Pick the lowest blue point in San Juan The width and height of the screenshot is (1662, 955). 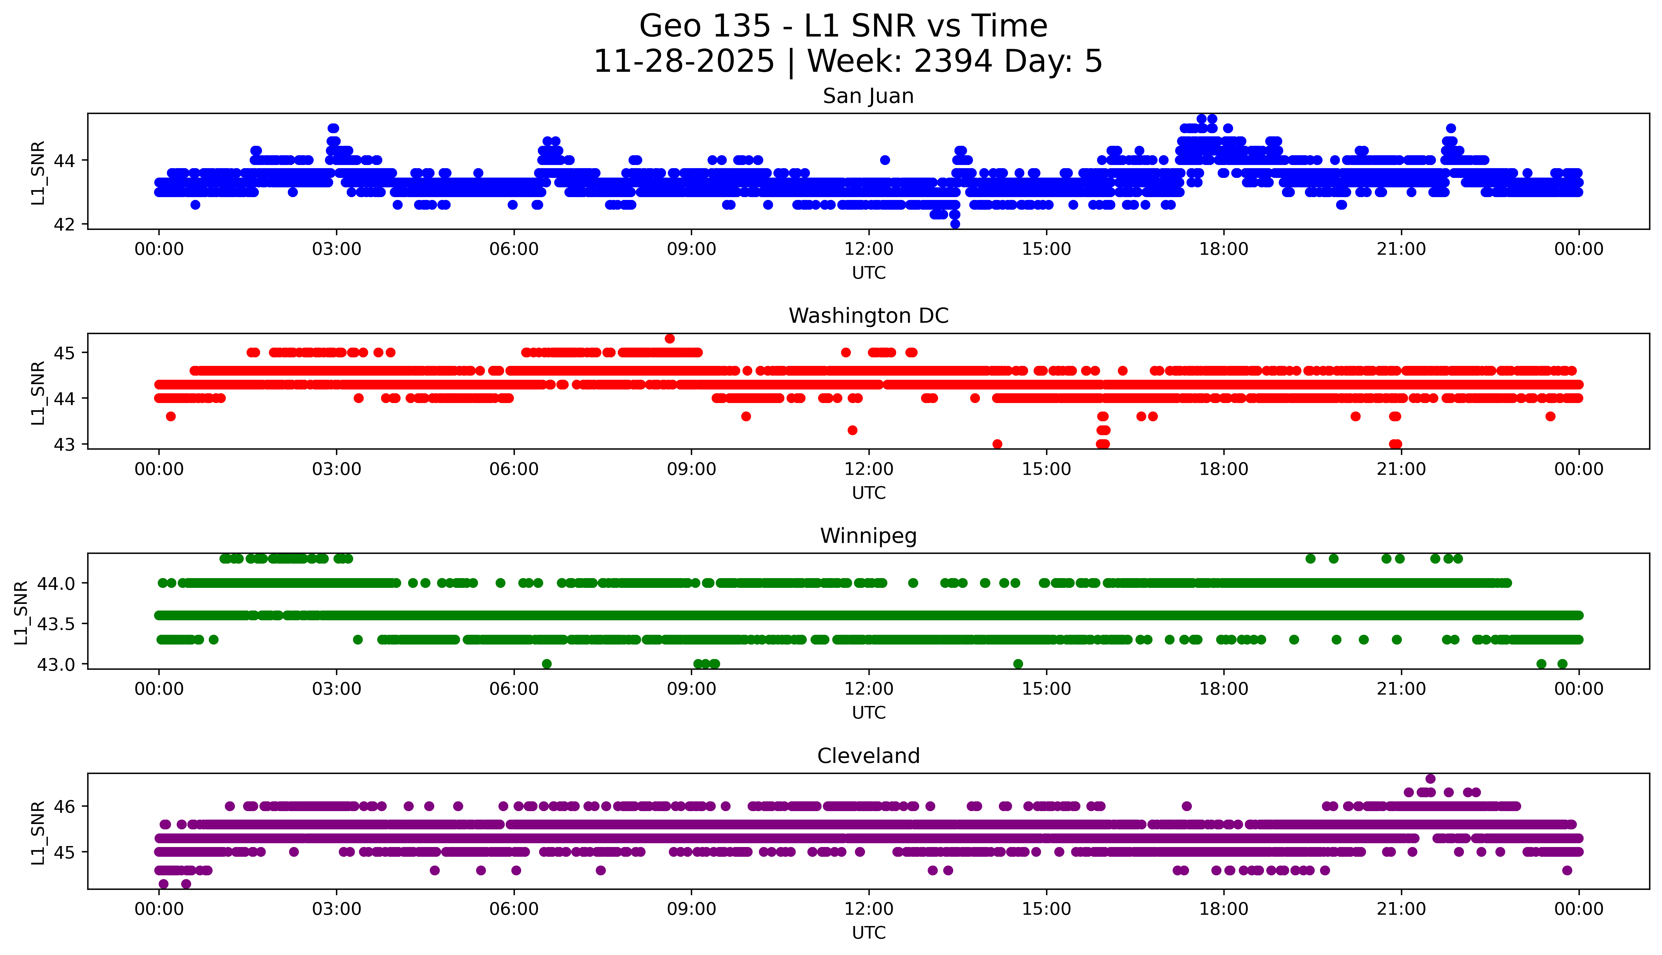tap(955, 224)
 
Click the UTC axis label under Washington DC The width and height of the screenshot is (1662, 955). tap(868, 492)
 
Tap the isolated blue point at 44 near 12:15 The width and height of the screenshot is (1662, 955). tap(885, 160)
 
